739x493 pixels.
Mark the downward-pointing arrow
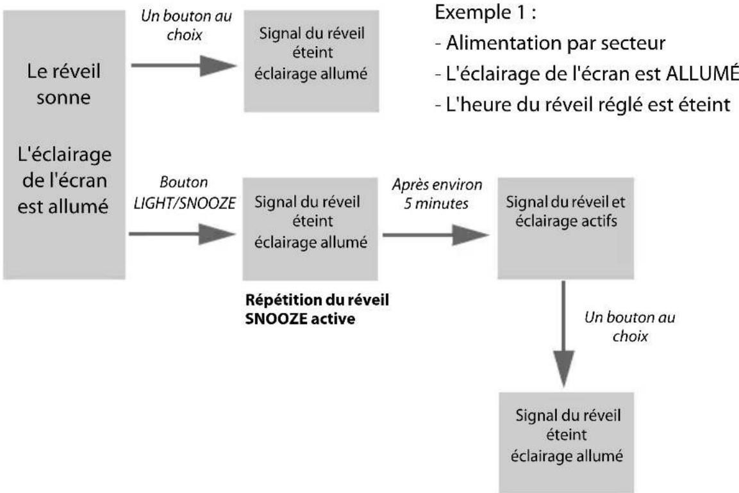(x=562, y=333)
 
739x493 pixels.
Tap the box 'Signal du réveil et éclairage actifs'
(x=561, y=229)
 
